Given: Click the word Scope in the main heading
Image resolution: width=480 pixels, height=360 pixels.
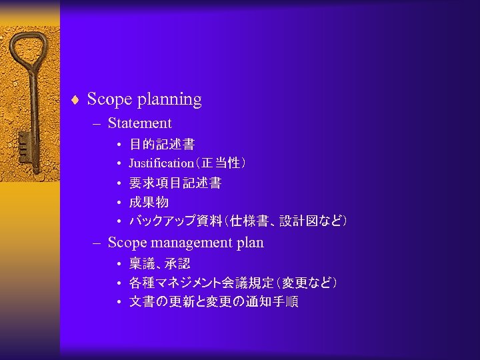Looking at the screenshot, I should [109, 100].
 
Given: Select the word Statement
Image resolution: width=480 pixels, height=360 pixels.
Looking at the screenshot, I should [139, 123].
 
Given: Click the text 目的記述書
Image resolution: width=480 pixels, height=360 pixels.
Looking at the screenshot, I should [161, 144].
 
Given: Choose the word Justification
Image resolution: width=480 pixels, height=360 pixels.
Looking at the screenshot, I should [161, 163].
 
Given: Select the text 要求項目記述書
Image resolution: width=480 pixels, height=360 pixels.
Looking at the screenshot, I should [175, 183].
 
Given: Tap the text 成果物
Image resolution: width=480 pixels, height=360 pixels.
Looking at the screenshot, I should [149, 202].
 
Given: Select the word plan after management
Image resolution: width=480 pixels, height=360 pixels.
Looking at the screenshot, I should [249, 243].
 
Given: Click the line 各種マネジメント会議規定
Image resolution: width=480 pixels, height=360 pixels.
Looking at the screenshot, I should [193, 283].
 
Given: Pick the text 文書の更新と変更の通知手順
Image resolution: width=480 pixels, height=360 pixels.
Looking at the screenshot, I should [213, 302].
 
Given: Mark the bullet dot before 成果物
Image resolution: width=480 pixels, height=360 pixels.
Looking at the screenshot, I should [117, 202].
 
